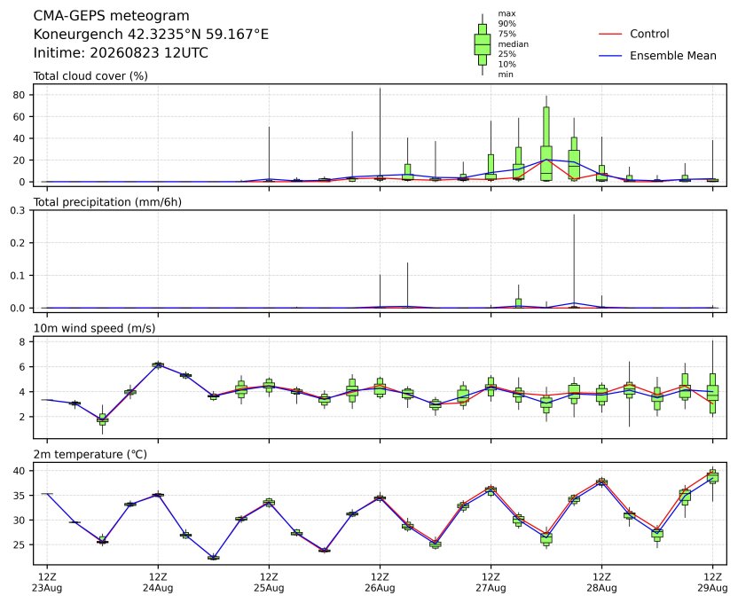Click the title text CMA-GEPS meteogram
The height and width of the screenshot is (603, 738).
(111, 16)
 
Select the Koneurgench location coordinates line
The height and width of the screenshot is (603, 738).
(151, 35)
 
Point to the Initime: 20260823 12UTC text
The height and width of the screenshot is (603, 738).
(121, 52)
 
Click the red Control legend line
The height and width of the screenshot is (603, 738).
(610, 34)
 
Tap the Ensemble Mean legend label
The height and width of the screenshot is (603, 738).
(673, 56)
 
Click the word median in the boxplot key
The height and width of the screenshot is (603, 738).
(513, 44)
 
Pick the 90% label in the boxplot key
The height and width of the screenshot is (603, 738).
(506, 24)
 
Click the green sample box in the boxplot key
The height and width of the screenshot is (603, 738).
(483, 44)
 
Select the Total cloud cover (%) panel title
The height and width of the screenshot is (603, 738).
(90, 76)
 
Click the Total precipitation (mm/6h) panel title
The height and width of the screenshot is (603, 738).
(107, 202)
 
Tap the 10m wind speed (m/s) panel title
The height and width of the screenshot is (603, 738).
(94, 328)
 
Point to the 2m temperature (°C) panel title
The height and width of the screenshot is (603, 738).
(90, 454)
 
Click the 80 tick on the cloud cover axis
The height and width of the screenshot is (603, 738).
(20, 95)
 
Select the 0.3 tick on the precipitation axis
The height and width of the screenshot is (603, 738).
(18, 210)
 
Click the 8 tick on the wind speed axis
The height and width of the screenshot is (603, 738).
(22, 342)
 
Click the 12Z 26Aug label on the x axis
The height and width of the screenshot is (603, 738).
(380, 583)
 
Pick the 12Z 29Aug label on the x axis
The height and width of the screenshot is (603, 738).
(712, 583)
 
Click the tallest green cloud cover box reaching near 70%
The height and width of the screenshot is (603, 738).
(546, 144)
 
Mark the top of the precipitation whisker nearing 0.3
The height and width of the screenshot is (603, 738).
(574, 215)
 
